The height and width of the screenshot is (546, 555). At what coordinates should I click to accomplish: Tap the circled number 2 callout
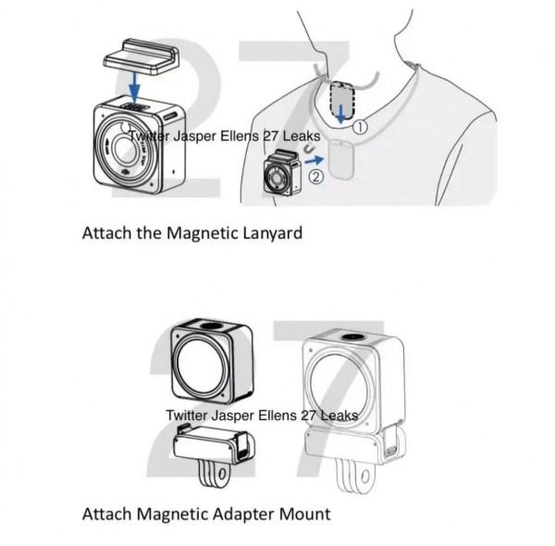[315, 177]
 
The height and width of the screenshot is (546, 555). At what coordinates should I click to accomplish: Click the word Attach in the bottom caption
[106, 512]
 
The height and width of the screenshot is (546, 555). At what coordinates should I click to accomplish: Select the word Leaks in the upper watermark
[300, 136]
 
